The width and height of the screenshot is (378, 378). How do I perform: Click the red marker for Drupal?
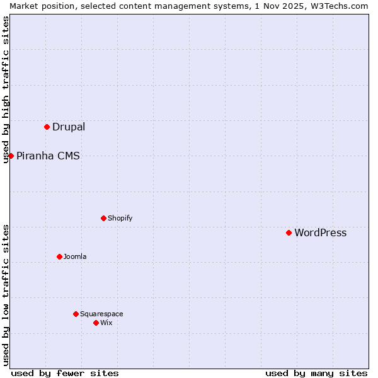47,127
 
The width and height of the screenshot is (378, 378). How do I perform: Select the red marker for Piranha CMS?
11,156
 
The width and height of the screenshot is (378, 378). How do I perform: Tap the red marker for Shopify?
103,218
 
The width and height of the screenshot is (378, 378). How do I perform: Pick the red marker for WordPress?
289,232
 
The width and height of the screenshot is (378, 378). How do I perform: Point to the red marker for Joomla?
59,256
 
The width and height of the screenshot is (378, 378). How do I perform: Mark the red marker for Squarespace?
76,314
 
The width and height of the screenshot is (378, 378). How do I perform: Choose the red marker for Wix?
96,323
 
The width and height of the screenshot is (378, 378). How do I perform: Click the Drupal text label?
69,127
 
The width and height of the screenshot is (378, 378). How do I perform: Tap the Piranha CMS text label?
48,156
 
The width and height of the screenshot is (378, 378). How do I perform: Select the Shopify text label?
120,218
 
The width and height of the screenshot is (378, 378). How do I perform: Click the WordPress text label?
320,232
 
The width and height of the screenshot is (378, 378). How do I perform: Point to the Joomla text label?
75,256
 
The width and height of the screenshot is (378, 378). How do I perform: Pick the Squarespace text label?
101,314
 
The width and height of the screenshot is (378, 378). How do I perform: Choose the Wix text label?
106,323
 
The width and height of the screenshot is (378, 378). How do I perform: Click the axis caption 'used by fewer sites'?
65,373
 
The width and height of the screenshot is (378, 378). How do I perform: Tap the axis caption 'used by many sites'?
316,373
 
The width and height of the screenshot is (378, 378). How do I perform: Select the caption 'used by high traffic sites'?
6,89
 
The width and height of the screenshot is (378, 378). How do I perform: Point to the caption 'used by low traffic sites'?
6,295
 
